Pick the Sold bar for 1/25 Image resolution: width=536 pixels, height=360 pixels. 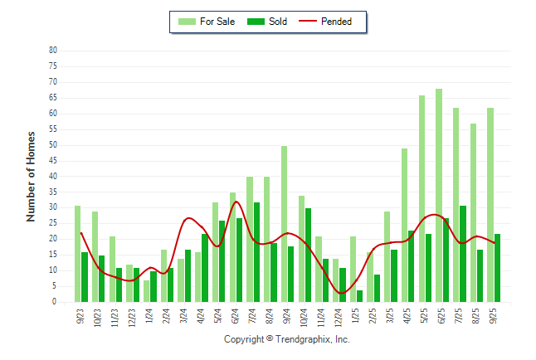[x=360, y=296]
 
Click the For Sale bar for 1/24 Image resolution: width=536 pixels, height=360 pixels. [x=146, y=291]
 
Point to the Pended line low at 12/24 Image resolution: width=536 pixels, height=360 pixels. [x=341, y=293]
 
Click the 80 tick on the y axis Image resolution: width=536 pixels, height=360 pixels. [x=52, y=51]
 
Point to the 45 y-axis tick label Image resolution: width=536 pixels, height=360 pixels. [x=52, y=161]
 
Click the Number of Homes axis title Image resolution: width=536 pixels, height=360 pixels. [x=31, y=176]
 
